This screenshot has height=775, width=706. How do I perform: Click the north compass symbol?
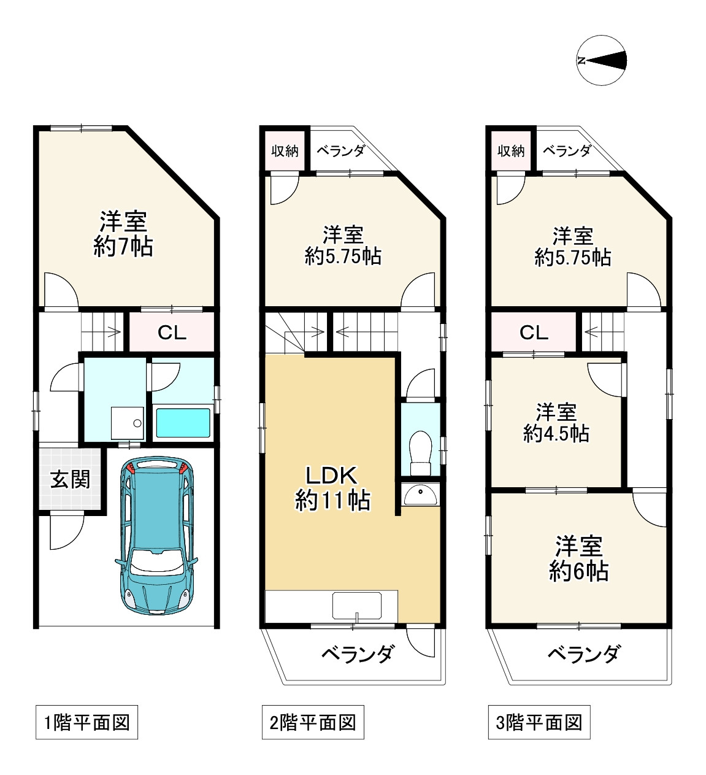coord(601,60)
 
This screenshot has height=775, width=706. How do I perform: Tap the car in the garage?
coord(156,535)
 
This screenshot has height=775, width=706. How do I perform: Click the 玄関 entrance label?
coord(70,479)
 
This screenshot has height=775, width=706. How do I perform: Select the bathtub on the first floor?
coord(183,423)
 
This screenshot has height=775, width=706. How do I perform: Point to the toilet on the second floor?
coord(420,453)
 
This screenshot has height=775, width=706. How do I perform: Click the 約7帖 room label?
coord(123,234)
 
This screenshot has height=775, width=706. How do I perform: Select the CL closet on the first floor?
coord(172,332)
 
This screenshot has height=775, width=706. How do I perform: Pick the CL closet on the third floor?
coord(534,332)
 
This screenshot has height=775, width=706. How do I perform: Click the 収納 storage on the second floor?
coord(285,151)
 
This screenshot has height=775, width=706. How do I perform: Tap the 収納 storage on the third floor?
coord(511,151)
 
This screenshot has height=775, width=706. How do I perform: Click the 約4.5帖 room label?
coord(556,423)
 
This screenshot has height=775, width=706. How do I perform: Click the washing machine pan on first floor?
coord(128,423)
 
